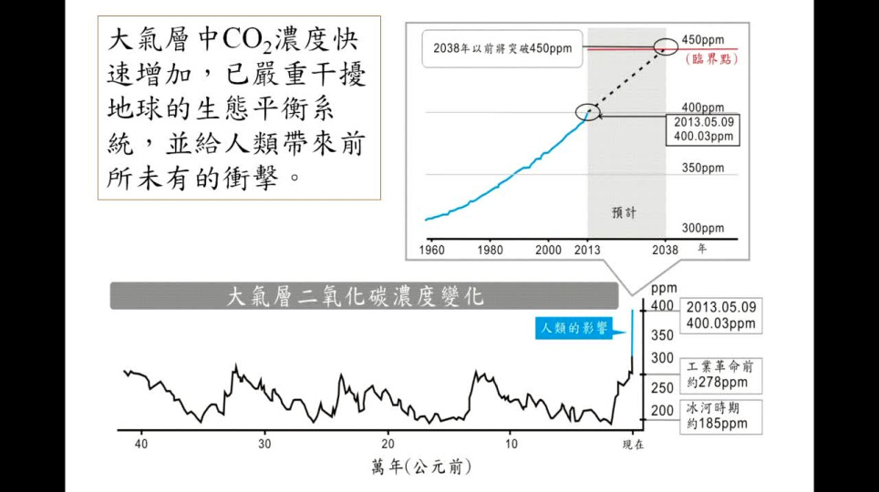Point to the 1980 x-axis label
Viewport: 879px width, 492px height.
click(x=490, y=249)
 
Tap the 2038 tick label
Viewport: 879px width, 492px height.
click(x=667, y=249)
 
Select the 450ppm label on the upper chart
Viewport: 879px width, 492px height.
click(x=702, y=40)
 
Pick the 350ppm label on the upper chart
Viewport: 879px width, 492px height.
click(x=702, y=168)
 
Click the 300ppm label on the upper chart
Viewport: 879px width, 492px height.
click(x=702, y=228)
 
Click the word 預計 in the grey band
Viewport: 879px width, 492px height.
click(x=625, y=211)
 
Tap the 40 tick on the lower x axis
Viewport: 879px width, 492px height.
click(x=140, y=445)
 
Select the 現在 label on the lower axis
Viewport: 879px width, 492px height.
click(x=633, y=446)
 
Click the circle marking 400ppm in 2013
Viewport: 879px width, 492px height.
click(x=589, y=112)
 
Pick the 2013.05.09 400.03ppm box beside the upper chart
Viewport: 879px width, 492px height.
click(x=704, y=128)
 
